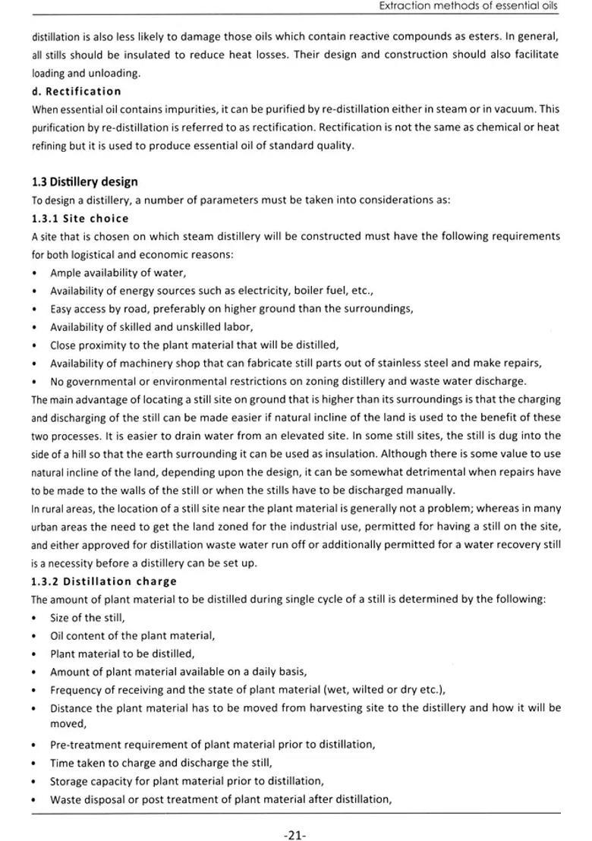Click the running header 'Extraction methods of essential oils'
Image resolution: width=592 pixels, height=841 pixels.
pyautogui.click(x=468, y=6)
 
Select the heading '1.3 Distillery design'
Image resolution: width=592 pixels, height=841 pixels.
pyautogui.click(x=85, y=182)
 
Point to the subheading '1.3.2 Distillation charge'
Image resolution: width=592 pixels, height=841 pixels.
pyautogui.click(x=104, y=581)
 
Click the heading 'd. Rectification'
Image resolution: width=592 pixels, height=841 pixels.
pyautogui.click(x=76, y=92)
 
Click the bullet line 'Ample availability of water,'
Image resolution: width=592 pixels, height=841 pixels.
pyautogui.click(x=118, y=272)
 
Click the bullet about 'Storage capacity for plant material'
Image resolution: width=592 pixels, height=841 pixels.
pyautogui.click(x=187, y=781)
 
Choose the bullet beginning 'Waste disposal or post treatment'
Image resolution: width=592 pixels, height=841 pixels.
pyautogui.click(x=220, y=799)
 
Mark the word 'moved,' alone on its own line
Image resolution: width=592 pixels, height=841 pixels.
pyautogui.click(x=68, y=724)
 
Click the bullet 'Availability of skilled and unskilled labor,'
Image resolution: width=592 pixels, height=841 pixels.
pyautogui.click(x=152, y=327)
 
